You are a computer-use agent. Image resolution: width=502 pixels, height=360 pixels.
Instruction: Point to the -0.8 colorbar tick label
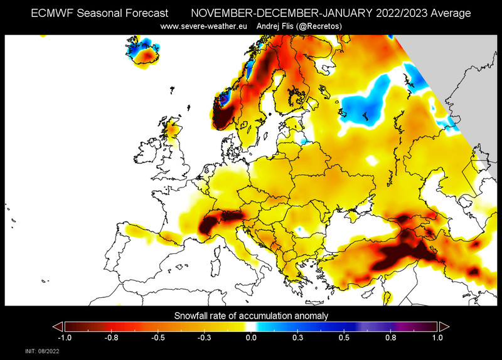(x=110, y=337)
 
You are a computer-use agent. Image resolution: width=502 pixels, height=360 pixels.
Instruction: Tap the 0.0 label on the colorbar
(x=251, y=337)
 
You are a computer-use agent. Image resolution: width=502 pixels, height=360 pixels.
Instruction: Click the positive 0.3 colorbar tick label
(x=297, y=337)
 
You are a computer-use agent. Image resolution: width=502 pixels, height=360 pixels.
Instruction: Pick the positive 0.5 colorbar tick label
(x=344, y=337)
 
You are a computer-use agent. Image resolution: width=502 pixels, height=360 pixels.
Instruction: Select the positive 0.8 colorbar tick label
(x=391, y=337)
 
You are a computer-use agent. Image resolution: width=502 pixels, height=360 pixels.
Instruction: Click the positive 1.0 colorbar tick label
(x=438, y=337)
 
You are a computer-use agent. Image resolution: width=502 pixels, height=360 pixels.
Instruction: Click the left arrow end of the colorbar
(x=57, y=326)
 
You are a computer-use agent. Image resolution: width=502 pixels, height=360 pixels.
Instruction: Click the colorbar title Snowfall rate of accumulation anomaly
(x=251, y=315)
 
